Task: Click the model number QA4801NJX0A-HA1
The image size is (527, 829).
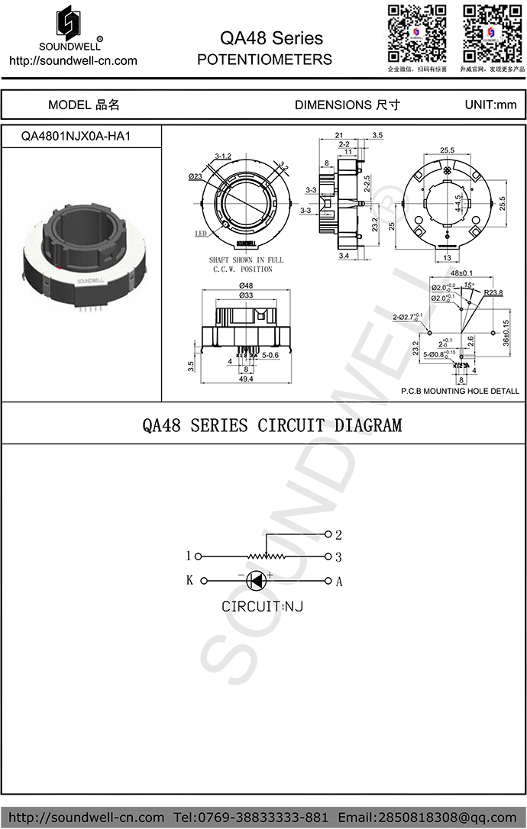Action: click(81, 136)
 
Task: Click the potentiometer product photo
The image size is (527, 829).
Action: click(81, 256)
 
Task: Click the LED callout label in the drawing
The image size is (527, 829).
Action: click(201, 234)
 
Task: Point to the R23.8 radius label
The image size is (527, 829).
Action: click(493, 292)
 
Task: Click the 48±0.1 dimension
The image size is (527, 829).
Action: click(462, 273)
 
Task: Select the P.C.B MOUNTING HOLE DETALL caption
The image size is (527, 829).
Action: click(460, 391)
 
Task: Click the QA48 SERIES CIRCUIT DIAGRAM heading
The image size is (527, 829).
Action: click(272, 424)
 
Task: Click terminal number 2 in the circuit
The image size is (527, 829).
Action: click(338, 534)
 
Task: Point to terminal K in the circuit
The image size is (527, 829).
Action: click(189, 580)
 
